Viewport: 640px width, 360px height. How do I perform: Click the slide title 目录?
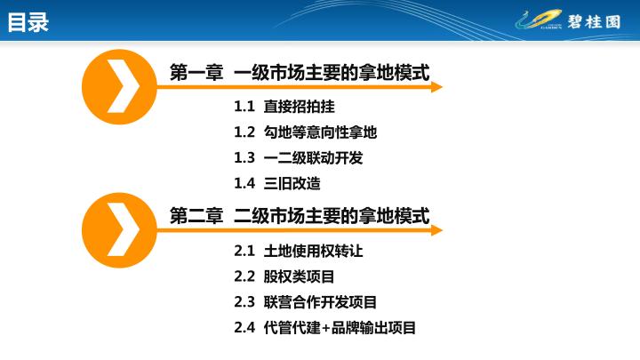pos(28,22)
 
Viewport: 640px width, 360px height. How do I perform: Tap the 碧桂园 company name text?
pos(594,21)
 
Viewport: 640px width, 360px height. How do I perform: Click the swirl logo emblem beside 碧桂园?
pos(539,20)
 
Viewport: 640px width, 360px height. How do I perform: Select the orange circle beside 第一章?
pos(119,87)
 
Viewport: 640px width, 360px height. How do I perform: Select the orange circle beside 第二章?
pos(119,230)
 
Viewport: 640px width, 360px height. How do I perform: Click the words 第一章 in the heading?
pos(196,73)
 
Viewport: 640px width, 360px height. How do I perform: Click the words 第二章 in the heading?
pos(196,215)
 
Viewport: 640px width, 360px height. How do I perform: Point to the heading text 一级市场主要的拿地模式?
pos(332,73)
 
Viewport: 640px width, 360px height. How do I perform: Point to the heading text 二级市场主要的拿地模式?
pos(332,215)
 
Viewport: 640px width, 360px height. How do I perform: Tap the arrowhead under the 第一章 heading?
pos(436,87)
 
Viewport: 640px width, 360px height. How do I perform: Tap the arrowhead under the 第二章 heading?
pos(436,230)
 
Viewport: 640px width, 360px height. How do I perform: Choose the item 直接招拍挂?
pos(300,107)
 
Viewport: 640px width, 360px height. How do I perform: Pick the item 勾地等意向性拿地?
pos(320,132)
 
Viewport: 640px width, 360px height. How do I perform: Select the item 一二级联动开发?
pos(313,157)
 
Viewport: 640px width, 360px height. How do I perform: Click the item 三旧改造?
pos(292,183)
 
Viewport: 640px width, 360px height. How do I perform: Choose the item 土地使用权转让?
pos(313,251)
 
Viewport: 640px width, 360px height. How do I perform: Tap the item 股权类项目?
pos(299,276)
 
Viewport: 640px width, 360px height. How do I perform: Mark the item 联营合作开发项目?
pos(320,302)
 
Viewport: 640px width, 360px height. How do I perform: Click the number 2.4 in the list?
pos(244,327)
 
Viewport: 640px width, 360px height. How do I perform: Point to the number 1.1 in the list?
pos(244,107)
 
